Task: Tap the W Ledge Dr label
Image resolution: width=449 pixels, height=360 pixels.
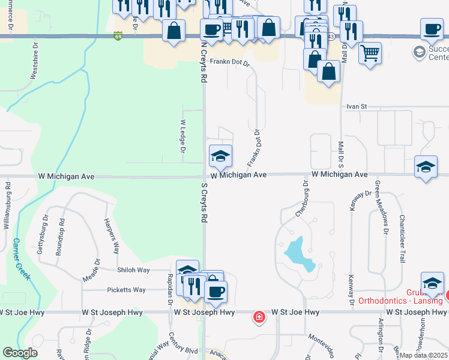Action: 184,136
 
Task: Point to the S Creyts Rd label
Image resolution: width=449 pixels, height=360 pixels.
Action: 204,204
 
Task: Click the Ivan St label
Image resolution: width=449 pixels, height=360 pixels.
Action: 356,106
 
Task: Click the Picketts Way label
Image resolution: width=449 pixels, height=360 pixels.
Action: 126,290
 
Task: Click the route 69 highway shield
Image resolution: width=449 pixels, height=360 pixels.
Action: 118,37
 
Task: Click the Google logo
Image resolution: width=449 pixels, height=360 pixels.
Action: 20,353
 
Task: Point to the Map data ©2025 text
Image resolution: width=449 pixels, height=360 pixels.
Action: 424,355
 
